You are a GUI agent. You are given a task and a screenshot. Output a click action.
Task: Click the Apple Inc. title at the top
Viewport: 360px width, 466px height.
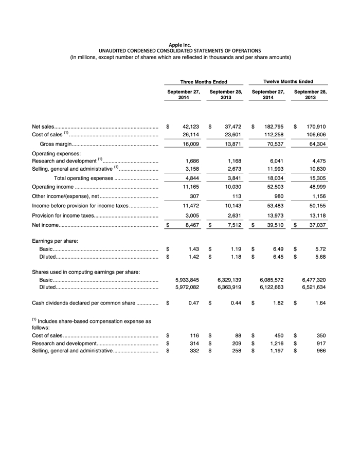point(180,45)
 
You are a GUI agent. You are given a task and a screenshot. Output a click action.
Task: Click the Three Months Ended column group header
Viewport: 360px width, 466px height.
point(204,81)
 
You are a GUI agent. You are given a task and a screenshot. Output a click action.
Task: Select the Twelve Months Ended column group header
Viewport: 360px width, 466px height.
point(288,81)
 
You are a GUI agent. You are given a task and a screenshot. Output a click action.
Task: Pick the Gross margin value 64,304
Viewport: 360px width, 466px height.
point(314,144)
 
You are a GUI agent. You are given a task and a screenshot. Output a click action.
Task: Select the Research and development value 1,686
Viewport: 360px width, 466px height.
point(191,160)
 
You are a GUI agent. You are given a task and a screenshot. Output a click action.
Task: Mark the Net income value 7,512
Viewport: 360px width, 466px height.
point(233,225)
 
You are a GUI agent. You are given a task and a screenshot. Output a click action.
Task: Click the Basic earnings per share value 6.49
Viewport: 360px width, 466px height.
point(278,248)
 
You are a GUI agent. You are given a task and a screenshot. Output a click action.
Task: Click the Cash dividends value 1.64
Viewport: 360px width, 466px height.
point(320,303)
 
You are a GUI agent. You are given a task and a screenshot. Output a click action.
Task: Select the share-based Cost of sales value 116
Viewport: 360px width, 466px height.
point(194,335)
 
